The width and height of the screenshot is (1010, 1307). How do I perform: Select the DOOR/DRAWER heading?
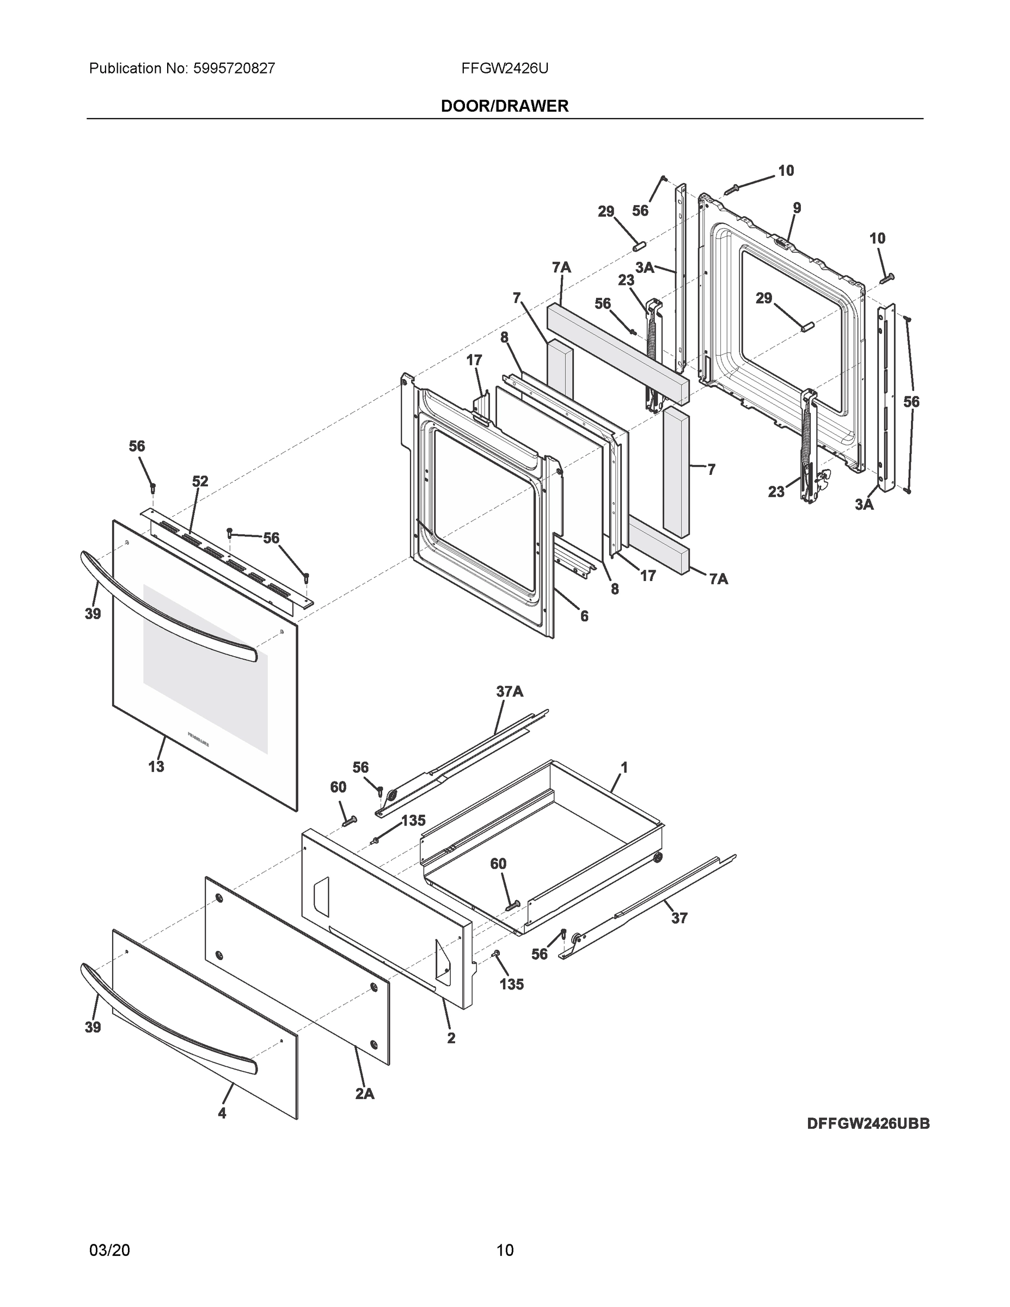504,106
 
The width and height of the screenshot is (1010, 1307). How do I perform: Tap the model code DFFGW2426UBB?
868,1123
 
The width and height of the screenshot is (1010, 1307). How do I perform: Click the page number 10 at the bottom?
504,1250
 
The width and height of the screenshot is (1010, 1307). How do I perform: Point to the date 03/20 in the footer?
109,1250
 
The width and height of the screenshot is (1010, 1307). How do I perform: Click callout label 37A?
509,691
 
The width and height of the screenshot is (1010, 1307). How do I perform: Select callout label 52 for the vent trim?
200,481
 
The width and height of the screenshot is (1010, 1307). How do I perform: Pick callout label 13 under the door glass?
156,766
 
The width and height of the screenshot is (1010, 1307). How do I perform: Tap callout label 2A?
364,1094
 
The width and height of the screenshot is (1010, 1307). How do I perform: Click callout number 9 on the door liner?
797,208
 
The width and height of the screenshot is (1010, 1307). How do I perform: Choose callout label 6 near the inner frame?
584,616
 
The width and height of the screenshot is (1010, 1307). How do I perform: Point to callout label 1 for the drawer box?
624,767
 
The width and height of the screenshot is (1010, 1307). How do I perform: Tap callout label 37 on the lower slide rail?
679,918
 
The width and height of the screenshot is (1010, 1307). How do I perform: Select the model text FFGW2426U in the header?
504,69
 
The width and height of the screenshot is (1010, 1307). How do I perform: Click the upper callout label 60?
338,787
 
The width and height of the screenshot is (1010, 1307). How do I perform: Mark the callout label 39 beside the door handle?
93,613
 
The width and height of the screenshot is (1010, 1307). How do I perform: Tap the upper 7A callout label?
561,267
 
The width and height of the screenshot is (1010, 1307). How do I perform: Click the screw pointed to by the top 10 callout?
731,189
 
